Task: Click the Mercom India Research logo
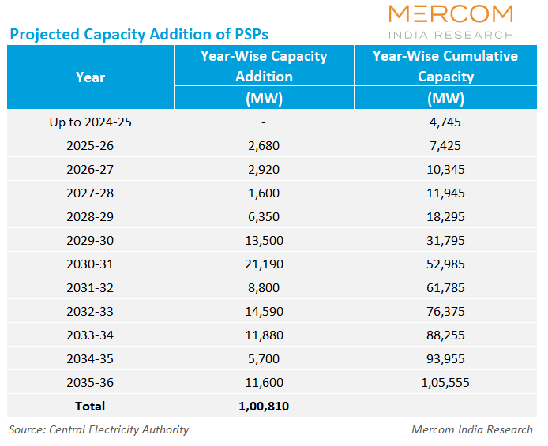(x=451, y=21)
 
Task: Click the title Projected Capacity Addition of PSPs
(x=138, y=34)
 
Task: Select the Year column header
(x=90, y=77)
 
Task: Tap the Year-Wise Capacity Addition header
(x=263, y=66)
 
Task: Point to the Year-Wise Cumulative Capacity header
(x=445, y=66)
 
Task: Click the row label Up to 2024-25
(x=90, y=122)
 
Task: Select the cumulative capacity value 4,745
(x=445, y=122)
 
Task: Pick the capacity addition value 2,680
(x=263, y=145)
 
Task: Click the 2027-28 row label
(x=90, y=193)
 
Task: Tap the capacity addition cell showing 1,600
(x=263, y=193)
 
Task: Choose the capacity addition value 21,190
(x=263, y=264)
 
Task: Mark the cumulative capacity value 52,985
(x=445, y=264)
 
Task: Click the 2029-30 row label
(x=90, y=240)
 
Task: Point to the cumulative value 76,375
(x=445, y=311)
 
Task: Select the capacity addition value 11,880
(x=263, y=335)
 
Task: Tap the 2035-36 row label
(x=90, y=382)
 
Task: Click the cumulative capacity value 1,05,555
(x=445, y=382)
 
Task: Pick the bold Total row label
(x=90, y=406)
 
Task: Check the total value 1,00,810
(x=263, y=406)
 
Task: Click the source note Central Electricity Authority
(x=99, y=429)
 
